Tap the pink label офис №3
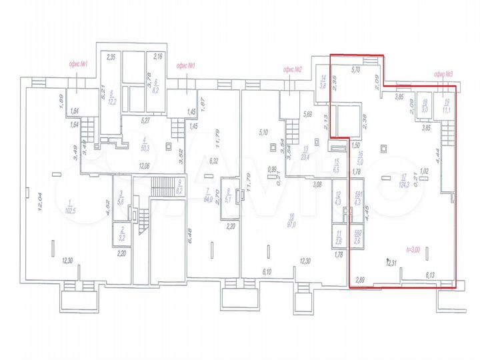tap(443, 73)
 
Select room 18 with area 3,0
tap(425, 107)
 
